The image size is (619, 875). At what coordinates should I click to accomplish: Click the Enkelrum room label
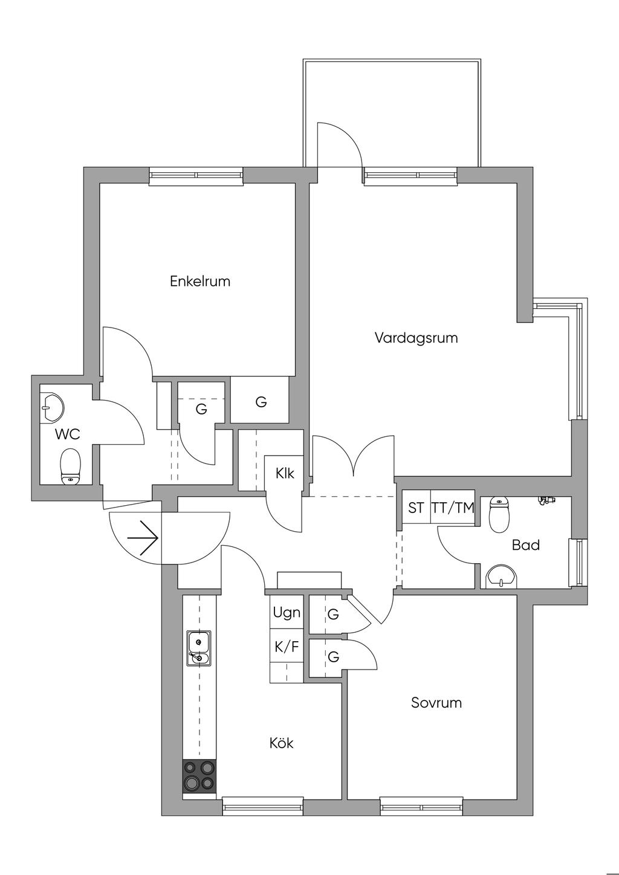point(200,281)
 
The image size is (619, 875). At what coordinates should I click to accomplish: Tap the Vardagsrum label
point(416,338)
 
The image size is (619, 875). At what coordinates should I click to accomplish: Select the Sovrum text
point(436,703)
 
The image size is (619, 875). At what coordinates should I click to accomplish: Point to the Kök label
point(282,743)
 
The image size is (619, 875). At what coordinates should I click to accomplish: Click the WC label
point(67,434)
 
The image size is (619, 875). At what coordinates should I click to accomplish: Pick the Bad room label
point(526,545)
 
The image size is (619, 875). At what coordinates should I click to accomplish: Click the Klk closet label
point(285,473)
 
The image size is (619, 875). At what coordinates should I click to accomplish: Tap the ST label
point(416,508)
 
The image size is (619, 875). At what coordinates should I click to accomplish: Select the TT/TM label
point(453,508)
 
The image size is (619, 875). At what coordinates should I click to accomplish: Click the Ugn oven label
point(287,613)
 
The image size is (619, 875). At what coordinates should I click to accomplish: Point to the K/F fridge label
point(287,647)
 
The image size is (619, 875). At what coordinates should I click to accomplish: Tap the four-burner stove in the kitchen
point(199,775)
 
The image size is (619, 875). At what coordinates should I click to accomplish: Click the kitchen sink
point(198,648)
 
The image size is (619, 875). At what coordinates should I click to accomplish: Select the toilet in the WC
point(71,467)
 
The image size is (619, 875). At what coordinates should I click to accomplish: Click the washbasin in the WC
point(52,407)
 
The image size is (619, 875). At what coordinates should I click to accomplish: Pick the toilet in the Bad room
point(499,514)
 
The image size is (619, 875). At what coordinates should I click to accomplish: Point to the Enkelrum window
point(196,176)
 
